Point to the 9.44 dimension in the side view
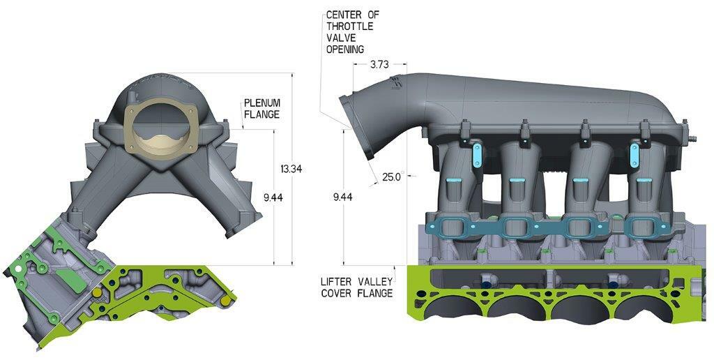[342, 198]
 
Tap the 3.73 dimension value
[379, 64]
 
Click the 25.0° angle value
[393, 177]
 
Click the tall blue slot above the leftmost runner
[478, 155]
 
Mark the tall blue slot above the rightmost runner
[635, 155]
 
